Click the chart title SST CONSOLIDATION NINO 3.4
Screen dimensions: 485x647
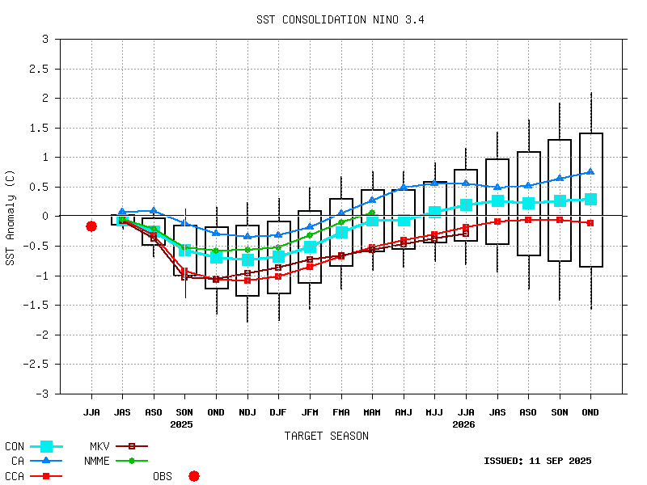[340, 19]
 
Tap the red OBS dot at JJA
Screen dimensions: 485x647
[91, 226]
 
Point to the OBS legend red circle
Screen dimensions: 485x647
[194, 476]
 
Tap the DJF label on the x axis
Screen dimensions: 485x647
[278, 412]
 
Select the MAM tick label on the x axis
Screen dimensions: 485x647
[372, 412]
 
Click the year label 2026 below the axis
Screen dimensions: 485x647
[464, 424]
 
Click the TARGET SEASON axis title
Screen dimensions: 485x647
[326, 436]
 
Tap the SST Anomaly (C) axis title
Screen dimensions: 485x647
[11, 217]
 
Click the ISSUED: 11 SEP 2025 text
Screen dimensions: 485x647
[537, 462]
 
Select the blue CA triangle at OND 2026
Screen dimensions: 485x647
[591, 171]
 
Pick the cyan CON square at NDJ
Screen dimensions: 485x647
[247, 259]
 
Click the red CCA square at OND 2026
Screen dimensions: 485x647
[591, 222]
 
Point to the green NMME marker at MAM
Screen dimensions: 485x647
[372, 213]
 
